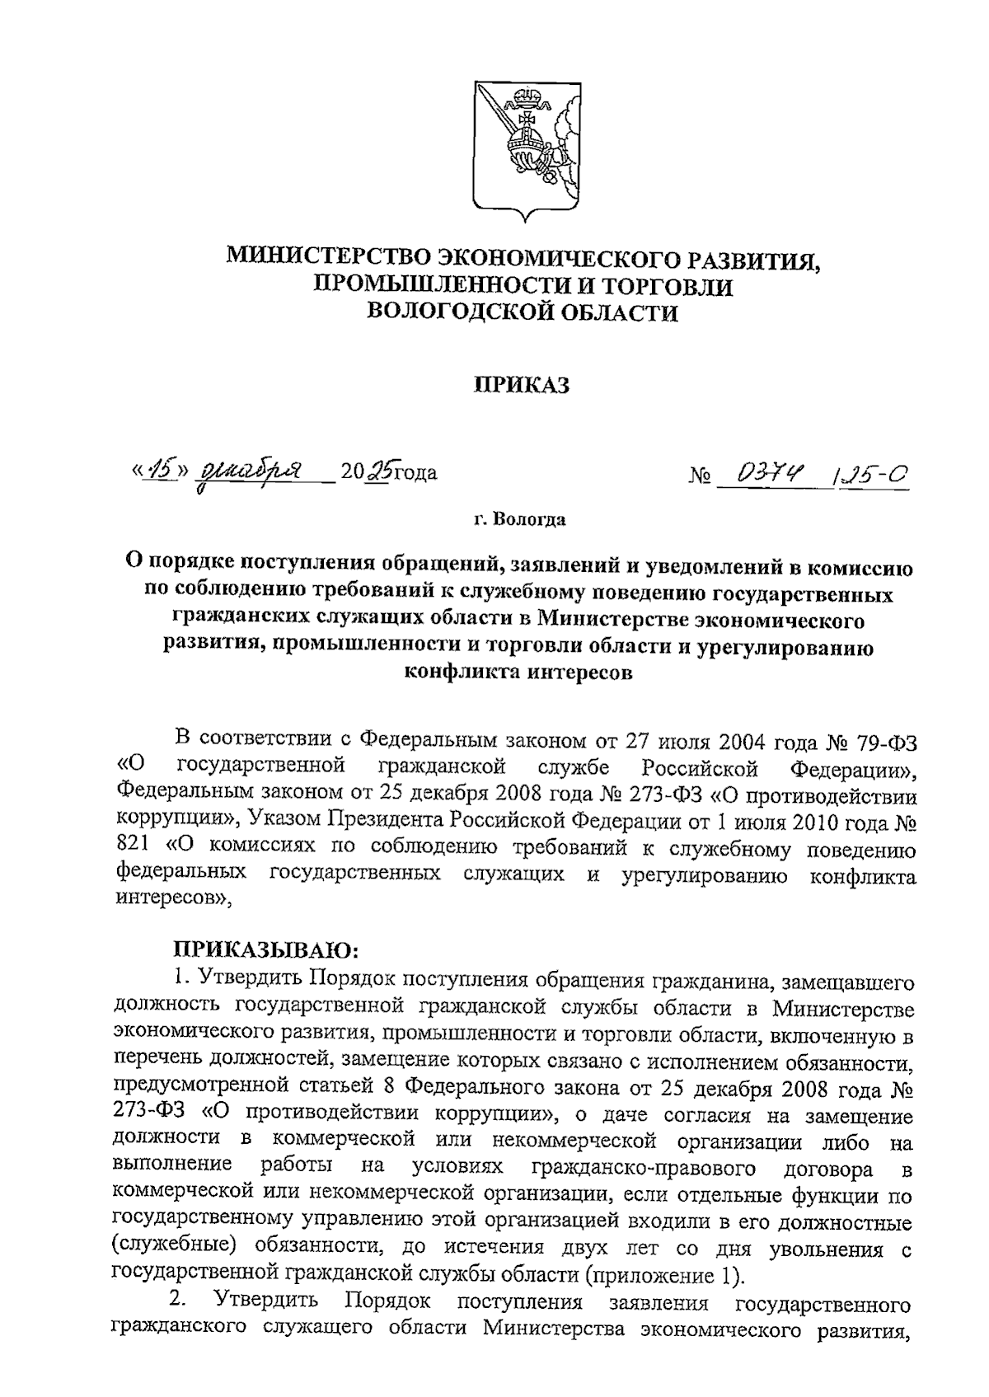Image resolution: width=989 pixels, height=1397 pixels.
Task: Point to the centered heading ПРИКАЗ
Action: click(x=521, y=386)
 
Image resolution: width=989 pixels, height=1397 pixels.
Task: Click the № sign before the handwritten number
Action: click(x=699, y=476)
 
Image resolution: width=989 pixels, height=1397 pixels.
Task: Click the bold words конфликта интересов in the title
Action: click(x=519, y=672)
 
